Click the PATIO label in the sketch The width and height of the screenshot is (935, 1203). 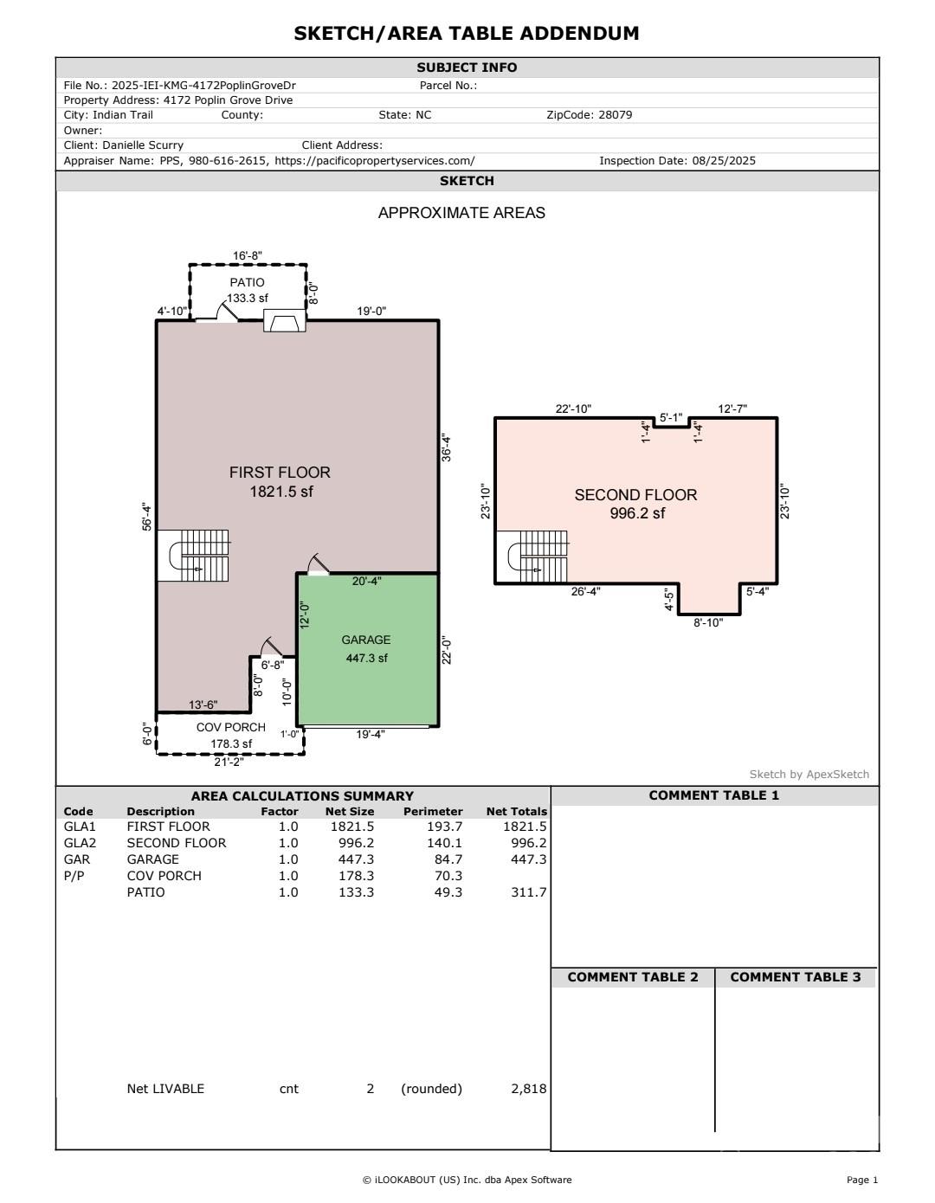[247, 282]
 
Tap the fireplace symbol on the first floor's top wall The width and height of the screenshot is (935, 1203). [284, 322]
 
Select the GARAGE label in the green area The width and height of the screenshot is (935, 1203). [365, 640]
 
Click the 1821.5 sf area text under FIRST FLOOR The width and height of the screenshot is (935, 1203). [280, 492]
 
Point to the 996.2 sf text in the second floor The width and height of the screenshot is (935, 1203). [635, 513]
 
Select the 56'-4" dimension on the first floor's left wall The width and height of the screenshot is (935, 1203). [147, 517]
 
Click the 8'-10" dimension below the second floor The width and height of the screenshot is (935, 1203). [707, 622]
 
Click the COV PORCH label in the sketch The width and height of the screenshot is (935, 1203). [230, 727]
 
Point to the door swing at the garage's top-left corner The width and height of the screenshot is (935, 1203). [317, 563]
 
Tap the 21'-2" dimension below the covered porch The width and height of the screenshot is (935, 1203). [229, 762]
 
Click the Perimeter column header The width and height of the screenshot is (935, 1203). [433, 812]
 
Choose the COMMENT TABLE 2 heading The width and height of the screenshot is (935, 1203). [632, 977]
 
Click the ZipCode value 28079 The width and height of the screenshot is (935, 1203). [615, 114]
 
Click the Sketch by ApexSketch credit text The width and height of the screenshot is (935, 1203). [809, 775]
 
